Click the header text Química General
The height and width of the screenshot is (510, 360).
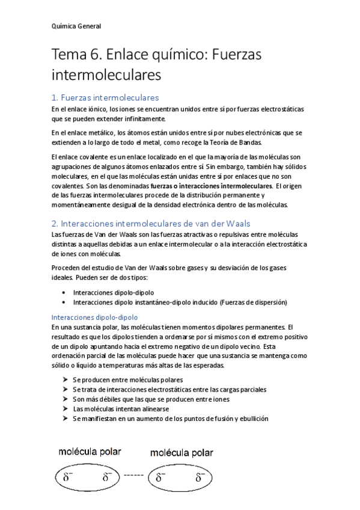click(76, 26)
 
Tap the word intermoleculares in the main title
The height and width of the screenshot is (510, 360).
click(106, 76)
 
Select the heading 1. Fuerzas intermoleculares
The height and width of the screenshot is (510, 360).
click(105, 97)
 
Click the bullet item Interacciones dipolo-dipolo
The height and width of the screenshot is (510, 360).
click(113, 292)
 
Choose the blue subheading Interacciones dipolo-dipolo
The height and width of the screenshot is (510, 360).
click(95, 316)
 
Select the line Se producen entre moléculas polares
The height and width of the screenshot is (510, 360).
click(127, 379)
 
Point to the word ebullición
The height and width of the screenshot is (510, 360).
click(252, 418)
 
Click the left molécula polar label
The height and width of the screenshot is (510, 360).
click(90, 451)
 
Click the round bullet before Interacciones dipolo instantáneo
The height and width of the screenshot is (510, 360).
click(64, 301)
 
